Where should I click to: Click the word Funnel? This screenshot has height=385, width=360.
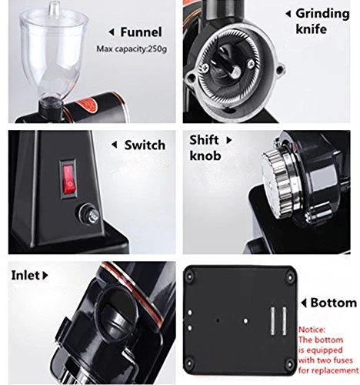click(x=141, y=32)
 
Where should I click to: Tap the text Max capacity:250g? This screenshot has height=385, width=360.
click(x=132, y=49)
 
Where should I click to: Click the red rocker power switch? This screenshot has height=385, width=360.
click(x=68, y=179)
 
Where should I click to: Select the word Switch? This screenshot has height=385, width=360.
click(x=145, y=145)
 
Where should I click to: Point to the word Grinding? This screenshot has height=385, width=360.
click(x=322, y=14)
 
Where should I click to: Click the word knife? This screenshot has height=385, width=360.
click(x=311, y=29)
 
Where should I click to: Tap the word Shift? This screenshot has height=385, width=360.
click(x=204, y=140)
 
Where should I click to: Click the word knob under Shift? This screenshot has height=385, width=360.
click(x=205, y=156)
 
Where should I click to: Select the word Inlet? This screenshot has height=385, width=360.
click(x=25, y=276)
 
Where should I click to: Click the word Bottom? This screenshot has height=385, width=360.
click(x=334, y=303)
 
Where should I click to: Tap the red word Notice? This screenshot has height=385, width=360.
click(x=312, y=330)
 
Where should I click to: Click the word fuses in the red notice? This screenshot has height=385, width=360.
click(x=342, y=360)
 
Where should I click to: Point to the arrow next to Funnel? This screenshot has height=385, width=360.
click(x=112, y=32)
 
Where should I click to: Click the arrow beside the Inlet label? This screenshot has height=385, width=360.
click(x=45, y=276)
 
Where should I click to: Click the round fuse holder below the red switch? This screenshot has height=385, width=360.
click(x=89, y=214)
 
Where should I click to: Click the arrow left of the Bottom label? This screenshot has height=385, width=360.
click(x=304, y=303)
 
